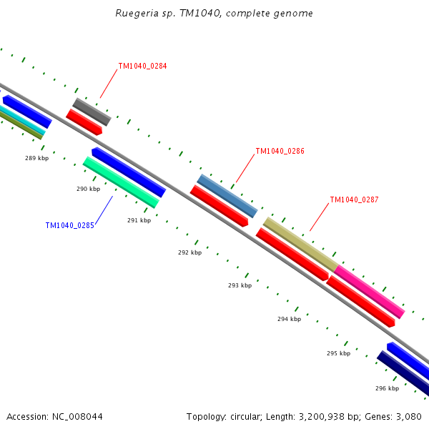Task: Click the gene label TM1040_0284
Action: tap(142, 66)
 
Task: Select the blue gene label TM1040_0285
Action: tap(69, 225)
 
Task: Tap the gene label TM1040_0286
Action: tap(280, 152)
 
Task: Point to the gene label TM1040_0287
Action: tap(354, 200)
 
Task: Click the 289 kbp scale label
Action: tap(36, 158)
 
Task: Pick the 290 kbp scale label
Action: tap(88, 189)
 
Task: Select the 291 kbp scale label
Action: tap(139, 220)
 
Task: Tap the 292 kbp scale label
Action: tap(189, 252)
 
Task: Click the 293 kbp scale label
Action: tap(240, 285)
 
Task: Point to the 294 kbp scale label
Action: tap(289, 319)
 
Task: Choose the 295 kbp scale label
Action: tap(338, 353)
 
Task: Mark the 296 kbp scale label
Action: tap(387, 388)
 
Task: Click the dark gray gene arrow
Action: tap(92, 112)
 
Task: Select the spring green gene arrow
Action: tap(121, 182)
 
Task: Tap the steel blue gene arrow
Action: tap(227, 196)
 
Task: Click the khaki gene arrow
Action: tap(300, 244)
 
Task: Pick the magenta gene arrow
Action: tap(370, 292)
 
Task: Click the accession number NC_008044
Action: tap(54, 417)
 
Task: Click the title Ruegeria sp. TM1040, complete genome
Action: tap(214, 14)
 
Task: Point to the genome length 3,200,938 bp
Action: tap(296, 417)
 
